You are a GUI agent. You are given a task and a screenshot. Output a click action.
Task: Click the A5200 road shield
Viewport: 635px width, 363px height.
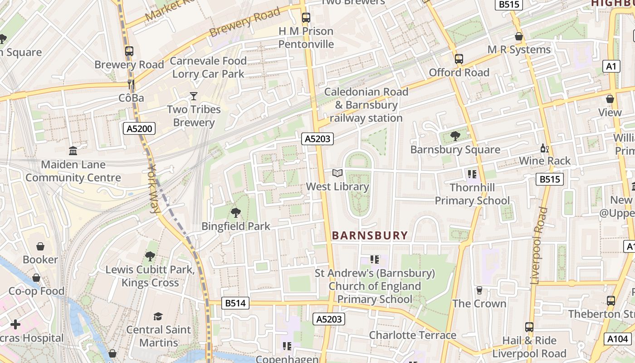139,129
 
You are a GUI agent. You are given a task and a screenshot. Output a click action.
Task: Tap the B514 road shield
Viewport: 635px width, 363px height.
235,303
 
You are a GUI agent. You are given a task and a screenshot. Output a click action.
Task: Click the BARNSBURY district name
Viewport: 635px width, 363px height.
370,235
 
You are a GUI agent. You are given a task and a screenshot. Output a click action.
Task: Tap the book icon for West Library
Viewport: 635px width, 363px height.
337,173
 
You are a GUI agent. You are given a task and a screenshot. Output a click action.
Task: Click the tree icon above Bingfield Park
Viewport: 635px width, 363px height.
235,212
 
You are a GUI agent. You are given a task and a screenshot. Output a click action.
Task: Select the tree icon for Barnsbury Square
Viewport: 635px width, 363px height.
455,136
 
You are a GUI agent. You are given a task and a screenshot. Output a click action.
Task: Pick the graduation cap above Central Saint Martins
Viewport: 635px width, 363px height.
158,316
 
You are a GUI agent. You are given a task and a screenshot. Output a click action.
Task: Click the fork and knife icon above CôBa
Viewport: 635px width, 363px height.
131,84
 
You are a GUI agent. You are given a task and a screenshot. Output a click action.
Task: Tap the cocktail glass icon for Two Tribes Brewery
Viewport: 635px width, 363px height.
194,96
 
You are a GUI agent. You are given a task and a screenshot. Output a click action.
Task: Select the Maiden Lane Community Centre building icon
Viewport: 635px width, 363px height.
73,151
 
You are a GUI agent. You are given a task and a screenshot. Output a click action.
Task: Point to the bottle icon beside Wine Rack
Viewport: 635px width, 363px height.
544,148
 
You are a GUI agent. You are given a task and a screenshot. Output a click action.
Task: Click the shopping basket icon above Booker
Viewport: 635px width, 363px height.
40,246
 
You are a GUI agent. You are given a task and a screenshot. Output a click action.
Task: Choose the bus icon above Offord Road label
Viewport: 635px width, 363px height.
459,59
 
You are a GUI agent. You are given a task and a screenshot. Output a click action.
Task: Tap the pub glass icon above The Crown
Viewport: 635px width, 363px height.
479,290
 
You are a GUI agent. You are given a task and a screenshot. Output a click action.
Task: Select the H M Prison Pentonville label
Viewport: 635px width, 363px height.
306,38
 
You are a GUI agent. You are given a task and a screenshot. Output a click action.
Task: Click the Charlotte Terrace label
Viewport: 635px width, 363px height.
412,335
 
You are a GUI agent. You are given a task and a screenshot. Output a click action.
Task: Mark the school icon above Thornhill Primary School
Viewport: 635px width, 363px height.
472,174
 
